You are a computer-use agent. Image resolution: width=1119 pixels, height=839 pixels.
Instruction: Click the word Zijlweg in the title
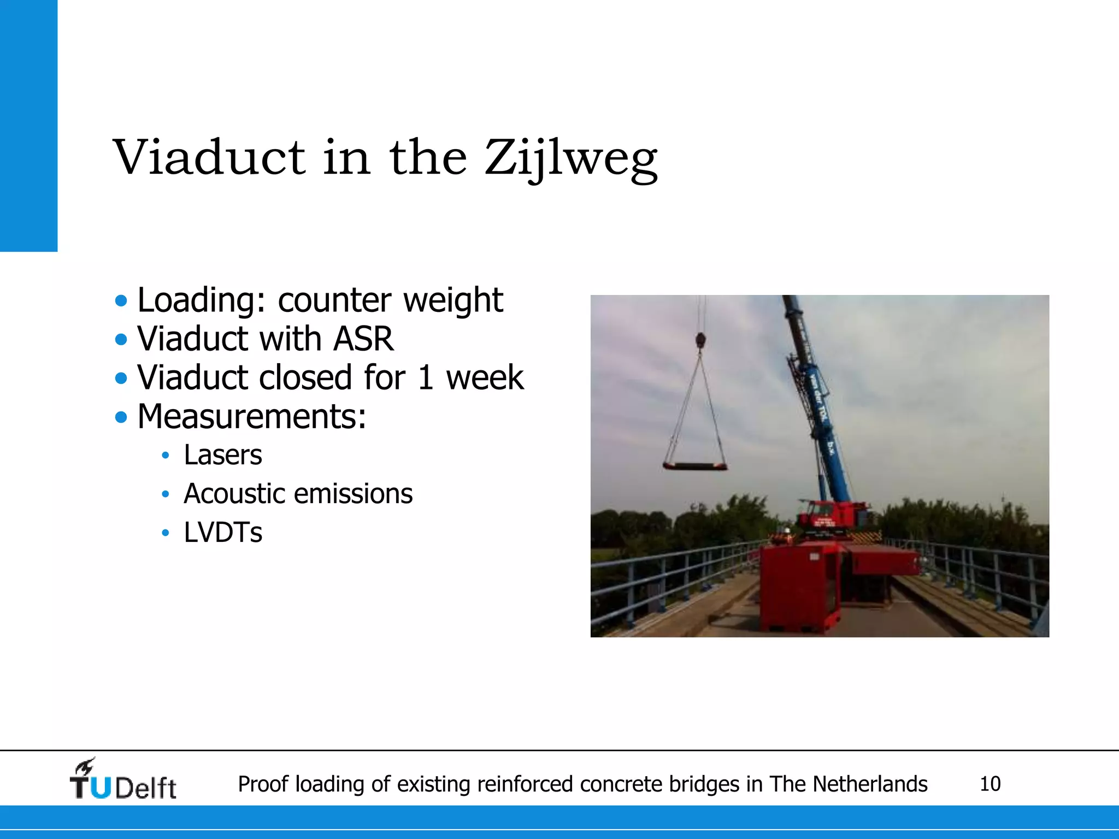click(x=571, y=158)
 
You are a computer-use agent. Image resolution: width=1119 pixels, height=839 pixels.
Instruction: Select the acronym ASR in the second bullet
click(x=363, y=339)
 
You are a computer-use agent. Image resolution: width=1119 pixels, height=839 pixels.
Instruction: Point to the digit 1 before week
click(x=426, y=378)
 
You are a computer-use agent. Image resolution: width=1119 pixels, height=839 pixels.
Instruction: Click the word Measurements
click(x=251, y=417)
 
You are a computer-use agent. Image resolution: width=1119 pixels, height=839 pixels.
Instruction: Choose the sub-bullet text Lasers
click(x=222, y=455)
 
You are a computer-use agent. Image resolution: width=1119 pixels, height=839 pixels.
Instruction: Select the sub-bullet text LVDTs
click(x=222, y=533)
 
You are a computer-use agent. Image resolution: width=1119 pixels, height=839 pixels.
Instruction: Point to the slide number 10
click(x=990, y=784)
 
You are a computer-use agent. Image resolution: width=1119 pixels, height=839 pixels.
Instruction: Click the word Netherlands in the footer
click(x=870, y=784)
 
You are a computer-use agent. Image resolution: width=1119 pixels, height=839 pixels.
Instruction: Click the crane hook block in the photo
click(x=700, y=341)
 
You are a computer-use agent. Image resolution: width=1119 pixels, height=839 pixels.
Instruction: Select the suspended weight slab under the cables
click(x=695, y=466)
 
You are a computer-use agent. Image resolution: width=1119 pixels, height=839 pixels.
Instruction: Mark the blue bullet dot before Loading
click(x=121, y=300)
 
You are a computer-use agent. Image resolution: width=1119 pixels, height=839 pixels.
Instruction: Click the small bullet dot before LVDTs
click(x=166, y=533)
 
